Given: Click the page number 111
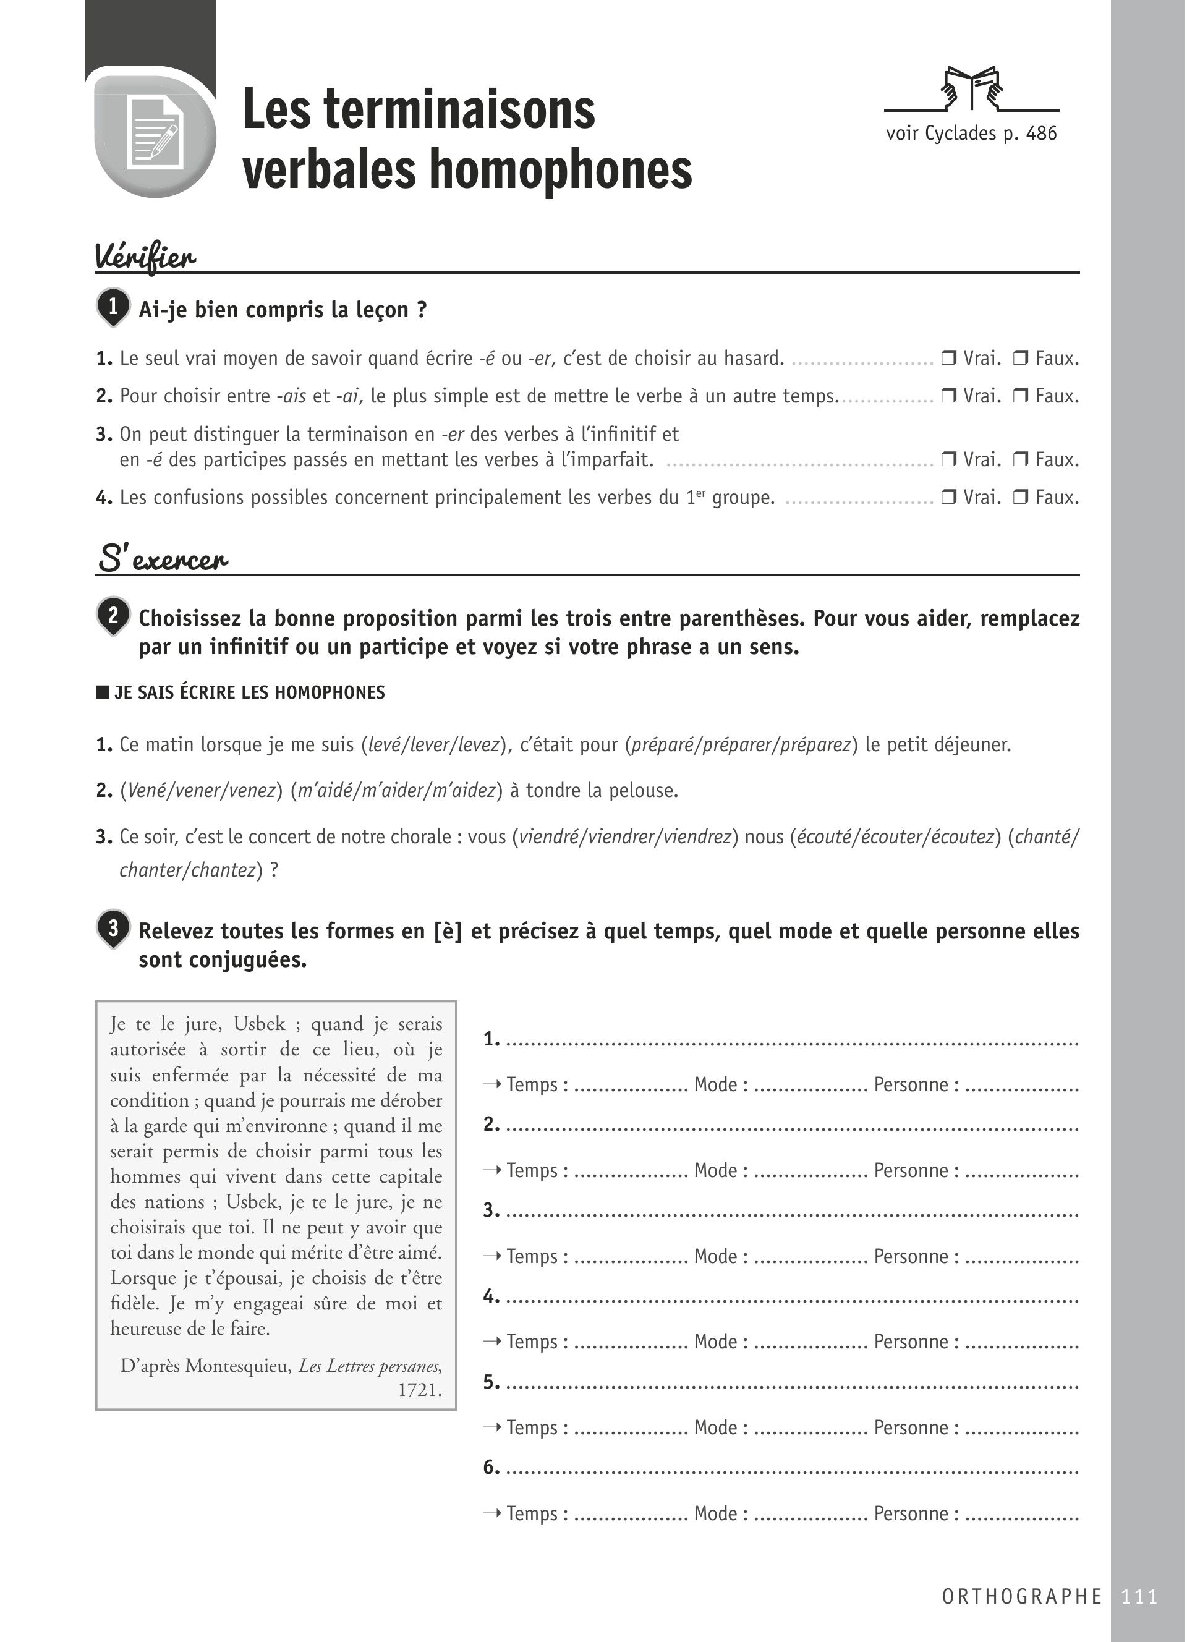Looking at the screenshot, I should tap(1139, 1596).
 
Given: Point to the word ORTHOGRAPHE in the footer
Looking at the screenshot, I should tap(1022, 1596).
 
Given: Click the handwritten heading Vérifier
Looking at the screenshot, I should tap(145, 257).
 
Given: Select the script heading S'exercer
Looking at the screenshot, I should tap(162, 559).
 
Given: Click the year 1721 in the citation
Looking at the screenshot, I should tap(420, 1389).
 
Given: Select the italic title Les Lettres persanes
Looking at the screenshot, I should tap(369, 1366).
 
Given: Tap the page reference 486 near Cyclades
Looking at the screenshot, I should tap(1041, 133).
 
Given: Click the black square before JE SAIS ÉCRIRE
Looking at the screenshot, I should tap(102, 692).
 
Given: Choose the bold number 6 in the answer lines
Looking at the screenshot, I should tap(491, 1468).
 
